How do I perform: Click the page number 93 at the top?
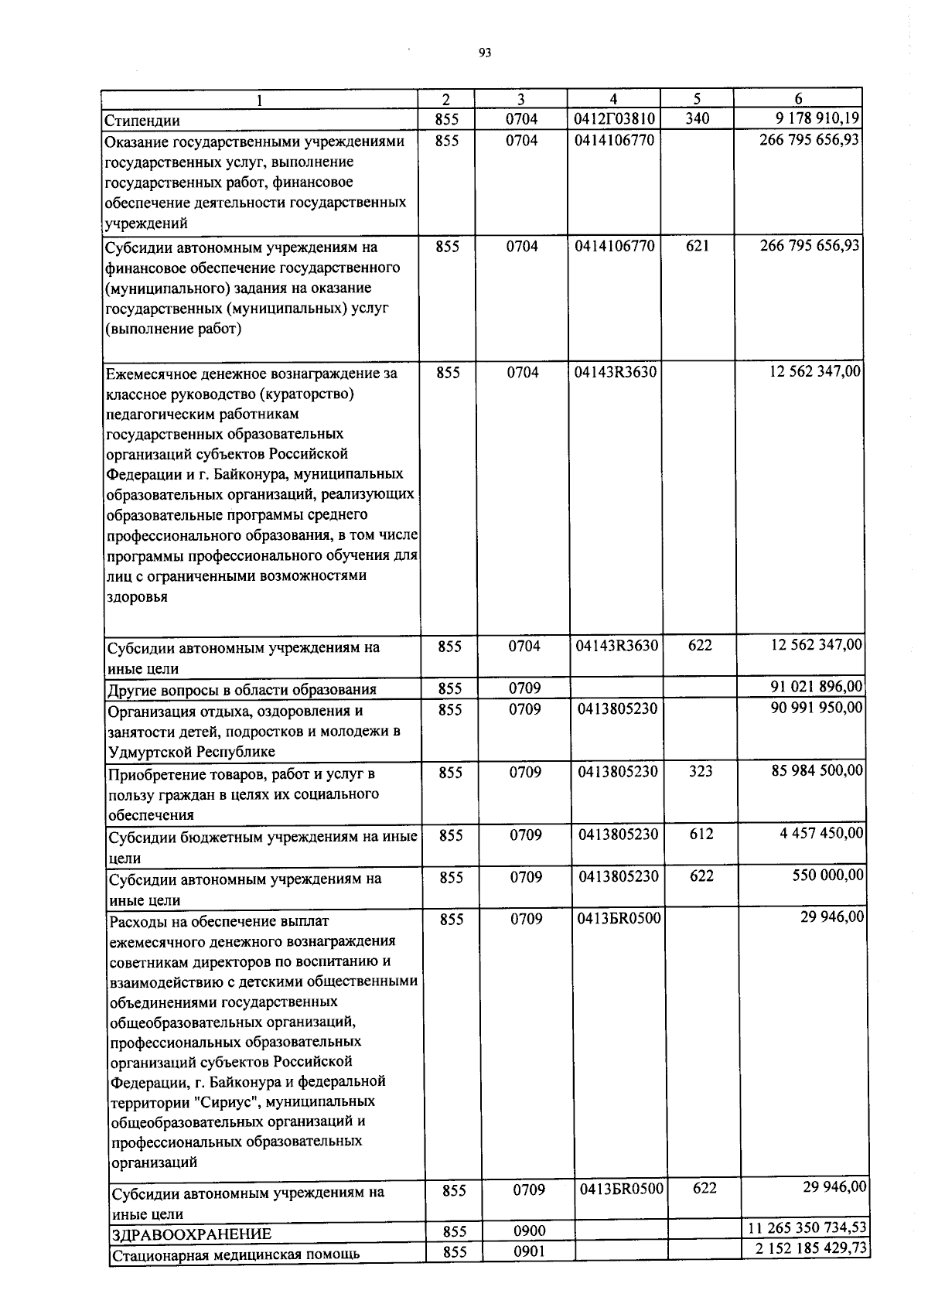tap(485, 53)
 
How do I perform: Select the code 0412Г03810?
tap(615, 119)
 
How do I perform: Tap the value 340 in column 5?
tap(697, 119)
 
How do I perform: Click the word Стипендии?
tap(143, 121)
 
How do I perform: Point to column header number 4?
tap(613, 99)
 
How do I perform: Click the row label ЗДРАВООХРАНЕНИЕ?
tap(190, 1234)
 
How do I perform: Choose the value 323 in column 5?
tap(701, 771)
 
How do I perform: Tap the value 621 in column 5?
tap(698, 246)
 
